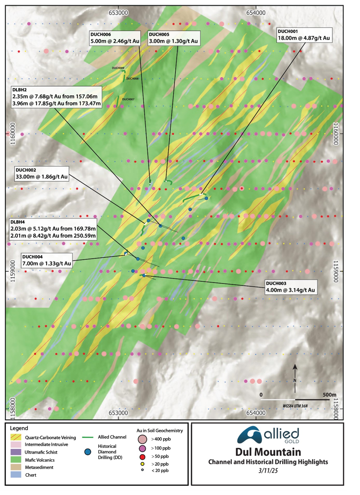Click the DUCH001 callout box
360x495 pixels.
[x=304, y=35]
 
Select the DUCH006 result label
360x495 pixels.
[x=115, y=38]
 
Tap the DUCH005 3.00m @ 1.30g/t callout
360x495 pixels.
[x=174, y=38]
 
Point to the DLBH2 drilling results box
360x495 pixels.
[x=56, y=97]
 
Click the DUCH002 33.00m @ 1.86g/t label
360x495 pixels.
[x=41, y=174]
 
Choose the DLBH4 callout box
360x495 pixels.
[x=53, y=229]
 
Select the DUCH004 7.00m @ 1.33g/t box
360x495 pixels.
[x=47, y=260]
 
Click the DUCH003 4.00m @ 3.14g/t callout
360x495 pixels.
[x=291, y=287]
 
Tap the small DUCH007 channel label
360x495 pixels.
[x=128, y=99]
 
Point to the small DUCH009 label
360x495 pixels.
[x=118, y=68]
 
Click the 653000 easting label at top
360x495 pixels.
[x=118, y=13]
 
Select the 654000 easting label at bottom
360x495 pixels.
[x=256, y=413]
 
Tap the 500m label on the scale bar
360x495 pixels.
[x=329, y=395]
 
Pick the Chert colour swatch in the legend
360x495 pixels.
[x=16, y=475]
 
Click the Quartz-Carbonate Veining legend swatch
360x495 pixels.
[x=16, y=437]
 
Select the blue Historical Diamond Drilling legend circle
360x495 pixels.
[x=88, y=452]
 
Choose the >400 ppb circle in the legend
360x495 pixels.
[x=142, y=439]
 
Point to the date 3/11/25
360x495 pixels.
[x=268, y=470]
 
